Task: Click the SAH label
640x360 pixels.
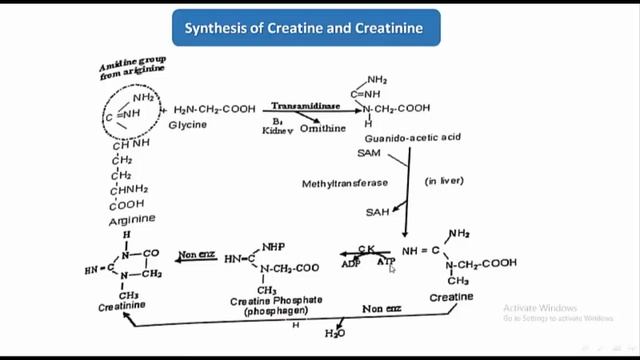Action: tap(372, 212)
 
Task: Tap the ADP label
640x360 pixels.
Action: tap(352, 263)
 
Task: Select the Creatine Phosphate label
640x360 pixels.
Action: tap(267, 301)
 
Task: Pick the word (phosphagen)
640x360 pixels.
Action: tap(267, 313)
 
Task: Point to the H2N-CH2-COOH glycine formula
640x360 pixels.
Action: tap(215, 110)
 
